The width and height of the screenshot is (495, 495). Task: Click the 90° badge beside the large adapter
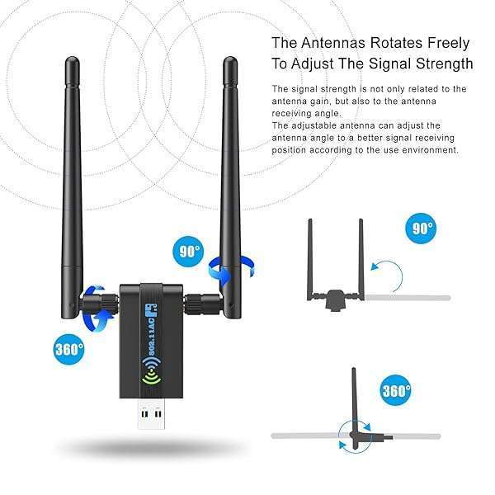187,252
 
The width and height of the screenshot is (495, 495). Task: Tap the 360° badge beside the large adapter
68,349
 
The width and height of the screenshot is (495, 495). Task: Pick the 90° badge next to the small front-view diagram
421,228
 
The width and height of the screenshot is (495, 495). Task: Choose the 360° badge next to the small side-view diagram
395,390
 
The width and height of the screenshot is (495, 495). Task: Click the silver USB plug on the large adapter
152,414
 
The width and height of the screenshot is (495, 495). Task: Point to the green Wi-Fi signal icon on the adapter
151,371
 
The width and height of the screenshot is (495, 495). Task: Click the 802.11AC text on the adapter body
152,336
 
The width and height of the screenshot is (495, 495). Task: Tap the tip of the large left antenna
73,58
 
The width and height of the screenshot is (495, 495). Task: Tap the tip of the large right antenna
230,58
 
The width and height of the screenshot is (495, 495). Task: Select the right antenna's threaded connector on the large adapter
202,304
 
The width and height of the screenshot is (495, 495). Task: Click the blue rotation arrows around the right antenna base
230,270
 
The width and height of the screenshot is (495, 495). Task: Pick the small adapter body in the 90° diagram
336,299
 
